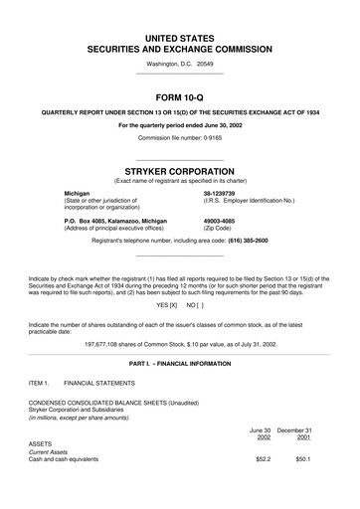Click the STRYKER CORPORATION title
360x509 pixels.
tap(179, 171)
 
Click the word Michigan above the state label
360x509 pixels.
tap(82, 194)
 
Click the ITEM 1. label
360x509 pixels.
tap(39, 382)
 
